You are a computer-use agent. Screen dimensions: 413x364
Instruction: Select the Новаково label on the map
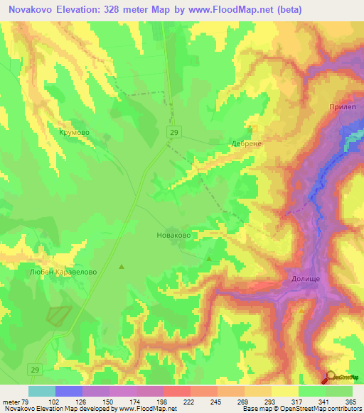pyautogui.click(x=173, y=233)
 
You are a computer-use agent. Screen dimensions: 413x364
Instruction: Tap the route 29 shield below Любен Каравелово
pyautogui.click(x=34, y=369)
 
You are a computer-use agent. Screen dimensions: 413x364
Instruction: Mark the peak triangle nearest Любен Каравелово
pyautogui.click(x=121, y=267)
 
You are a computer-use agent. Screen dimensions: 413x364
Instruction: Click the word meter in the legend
pyautogui.click(x=11, y=402)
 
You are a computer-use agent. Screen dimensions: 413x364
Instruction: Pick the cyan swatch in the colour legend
pyautogui.click(x=41, y=391)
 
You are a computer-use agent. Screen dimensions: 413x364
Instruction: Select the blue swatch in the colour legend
pyautogui.click(x=68, y=391)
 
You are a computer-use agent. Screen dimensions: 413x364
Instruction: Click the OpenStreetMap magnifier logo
pyautogui.click(x=330, y=376)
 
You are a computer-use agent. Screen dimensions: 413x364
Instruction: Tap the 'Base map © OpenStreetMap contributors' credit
pyautogui.click(x=302, y=409)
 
